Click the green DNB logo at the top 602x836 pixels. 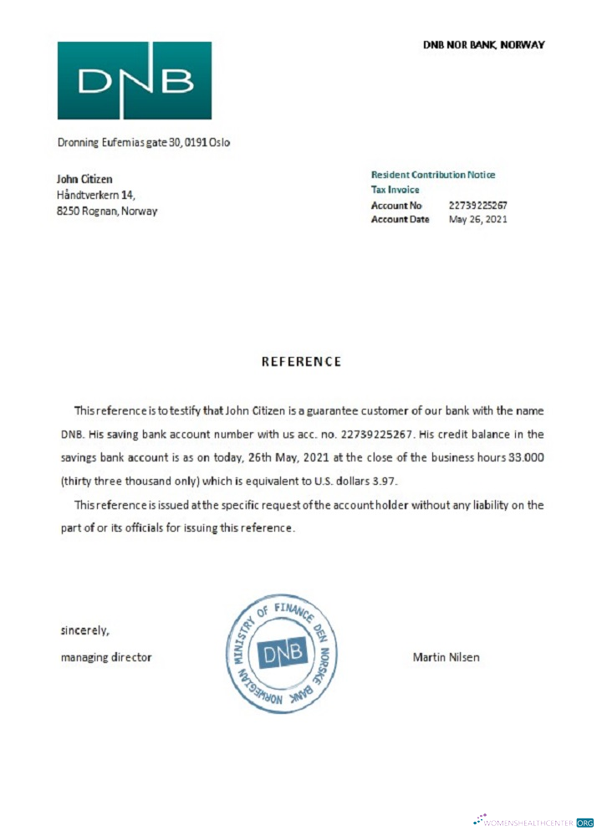coord(134,80)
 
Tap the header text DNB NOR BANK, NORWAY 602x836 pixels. coord(483,44)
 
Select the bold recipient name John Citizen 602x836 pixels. coord(84,179)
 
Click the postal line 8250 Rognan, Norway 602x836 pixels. coord(107,211)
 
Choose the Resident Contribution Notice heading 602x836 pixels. coord(433,175)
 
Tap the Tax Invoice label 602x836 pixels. coord(395,190)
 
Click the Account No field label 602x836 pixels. coord(397,205)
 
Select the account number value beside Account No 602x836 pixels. coord(478,205)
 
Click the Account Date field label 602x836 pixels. coord(400,219)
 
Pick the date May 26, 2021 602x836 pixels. coord(478,219)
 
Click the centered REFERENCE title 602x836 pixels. coord(302,362)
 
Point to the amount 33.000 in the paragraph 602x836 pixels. coord(527,457)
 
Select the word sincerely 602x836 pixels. coord(84,630)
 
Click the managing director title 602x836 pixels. coord(106,657)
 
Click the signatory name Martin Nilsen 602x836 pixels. coord(446,657)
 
